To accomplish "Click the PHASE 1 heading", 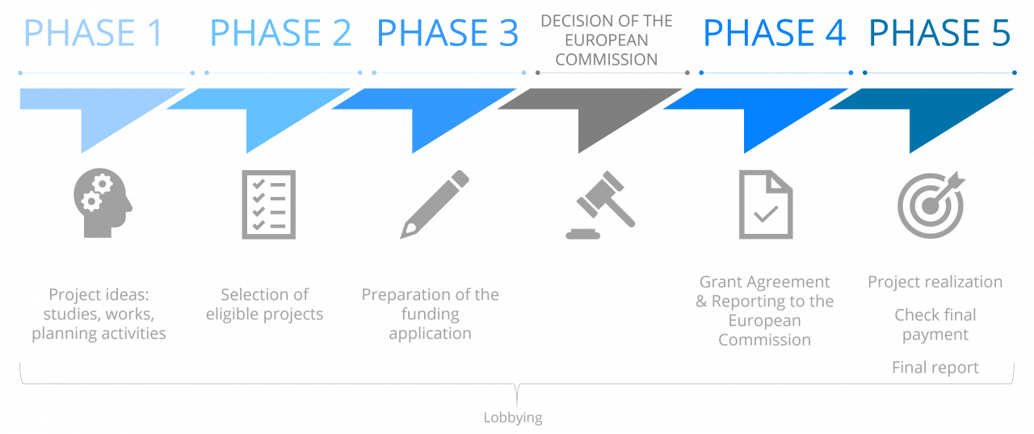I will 93,34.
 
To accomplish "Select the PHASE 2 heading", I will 280,34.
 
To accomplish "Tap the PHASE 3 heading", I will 448,34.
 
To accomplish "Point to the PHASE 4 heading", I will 775,34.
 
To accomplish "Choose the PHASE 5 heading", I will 939,34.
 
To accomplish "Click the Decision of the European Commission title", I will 607,40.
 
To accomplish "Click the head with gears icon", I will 102,202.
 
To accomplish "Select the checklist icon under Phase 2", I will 269,203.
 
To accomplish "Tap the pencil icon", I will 435,203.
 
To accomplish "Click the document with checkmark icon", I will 766,204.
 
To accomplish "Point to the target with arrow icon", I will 931,203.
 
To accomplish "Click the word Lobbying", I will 513,418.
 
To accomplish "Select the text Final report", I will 935,368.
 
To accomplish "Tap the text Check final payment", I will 935,324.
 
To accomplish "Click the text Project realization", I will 935,282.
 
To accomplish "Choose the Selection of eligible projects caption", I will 264,304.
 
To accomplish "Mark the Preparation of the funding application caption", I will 430,314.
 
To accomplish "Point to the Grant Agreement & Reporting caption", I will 764,311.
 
